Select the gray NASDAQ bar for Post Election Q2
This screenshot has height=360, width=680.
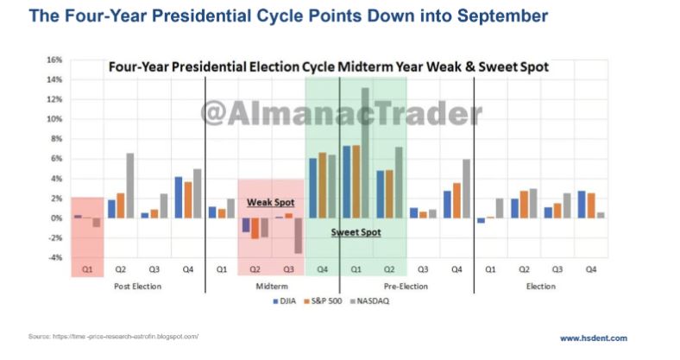(130, 185)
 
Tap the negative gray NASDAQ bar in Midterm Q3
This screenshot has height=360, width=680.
(298, 235)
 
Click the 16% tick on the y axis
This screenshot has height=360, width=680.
(54, 60)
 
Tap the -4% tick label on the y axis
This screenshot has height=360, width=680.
(54, 257)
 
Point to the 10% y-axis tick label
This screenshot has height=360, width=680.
(54, 119)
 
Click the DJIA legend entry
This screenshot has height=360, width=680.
(283, 302)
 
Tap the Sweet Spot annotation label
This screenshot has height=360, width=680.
(356, 231)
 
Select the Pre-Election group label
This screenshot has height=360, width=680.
(406, 285)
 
